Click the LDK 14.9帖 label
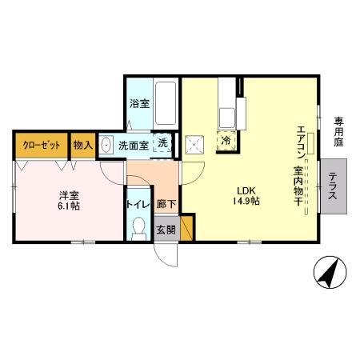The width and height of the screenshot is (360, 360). [247, 195]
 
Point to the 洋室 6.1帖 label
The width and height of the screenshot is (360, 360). [69, 199]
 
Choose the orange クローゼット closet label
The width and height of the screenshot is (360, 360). [40, 146]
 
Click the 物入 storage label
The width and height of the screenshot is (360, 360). [82, 146]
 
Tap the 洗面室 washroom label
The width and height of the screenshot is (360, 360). [133, 146]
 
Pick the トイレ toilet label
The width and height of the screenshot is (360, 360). [135, 203]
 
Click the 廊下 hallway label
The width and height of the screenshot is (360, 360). [166, 203]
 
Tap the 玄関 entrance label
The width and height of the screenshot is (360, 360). [166, 231]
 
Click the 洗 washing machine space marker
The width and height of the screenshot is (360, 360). [162, 142]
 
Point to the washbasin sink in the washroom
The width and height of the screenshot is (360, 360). [106, 146]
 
